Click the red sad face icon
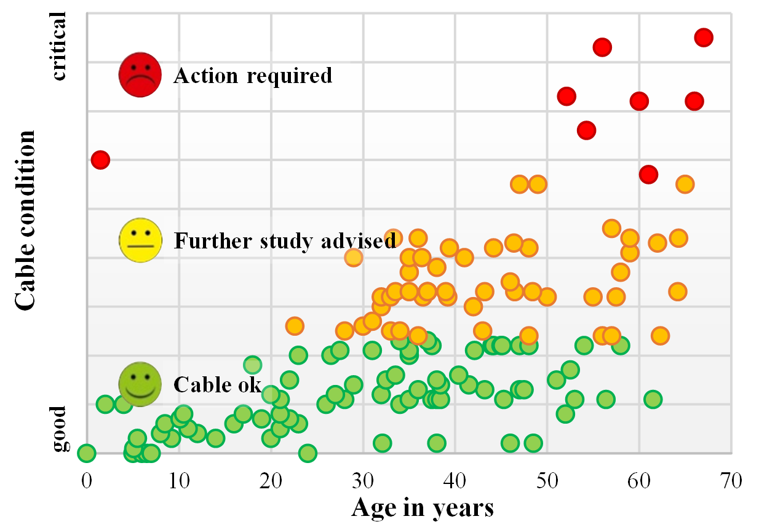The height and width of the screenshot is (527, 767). pos(140,74)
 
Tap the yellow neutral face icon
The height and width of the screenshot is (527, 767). pos(141,240)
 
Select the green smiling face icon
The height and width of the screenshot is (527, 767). pos(140,383)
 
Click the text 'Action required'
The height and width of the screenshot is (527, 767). pos(253,76)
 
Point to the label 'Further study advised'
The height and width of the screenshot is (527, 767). pos(285,241)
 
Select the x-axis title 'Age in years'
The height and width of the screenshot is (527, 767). pos(423,508)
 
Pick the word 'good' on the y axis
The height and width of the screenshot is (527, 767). pos(58,428)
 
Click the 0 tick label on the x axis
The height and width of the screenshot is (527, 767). pos(86,478)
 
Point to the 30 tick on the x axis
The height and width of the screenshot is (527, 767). pos(363,478)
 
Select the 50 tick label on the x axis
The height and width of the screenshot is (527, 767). pos(547,478)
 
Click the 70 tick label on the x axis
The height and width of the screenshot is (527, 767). pos(731,478)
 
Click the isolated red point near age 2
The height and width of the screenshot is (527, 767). pos(101,160)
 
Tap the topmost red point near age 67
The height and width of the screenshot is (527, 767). pos(704,38)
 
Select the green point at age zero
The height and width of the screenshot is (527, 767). pos(86,453)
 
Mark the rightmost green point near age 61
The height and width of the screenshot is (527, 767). pos(653,399)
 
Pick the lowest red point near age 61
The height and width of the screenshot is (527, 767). pos(648,175)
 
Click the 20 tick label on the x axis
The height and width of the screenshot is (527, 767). pos(271,478)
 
